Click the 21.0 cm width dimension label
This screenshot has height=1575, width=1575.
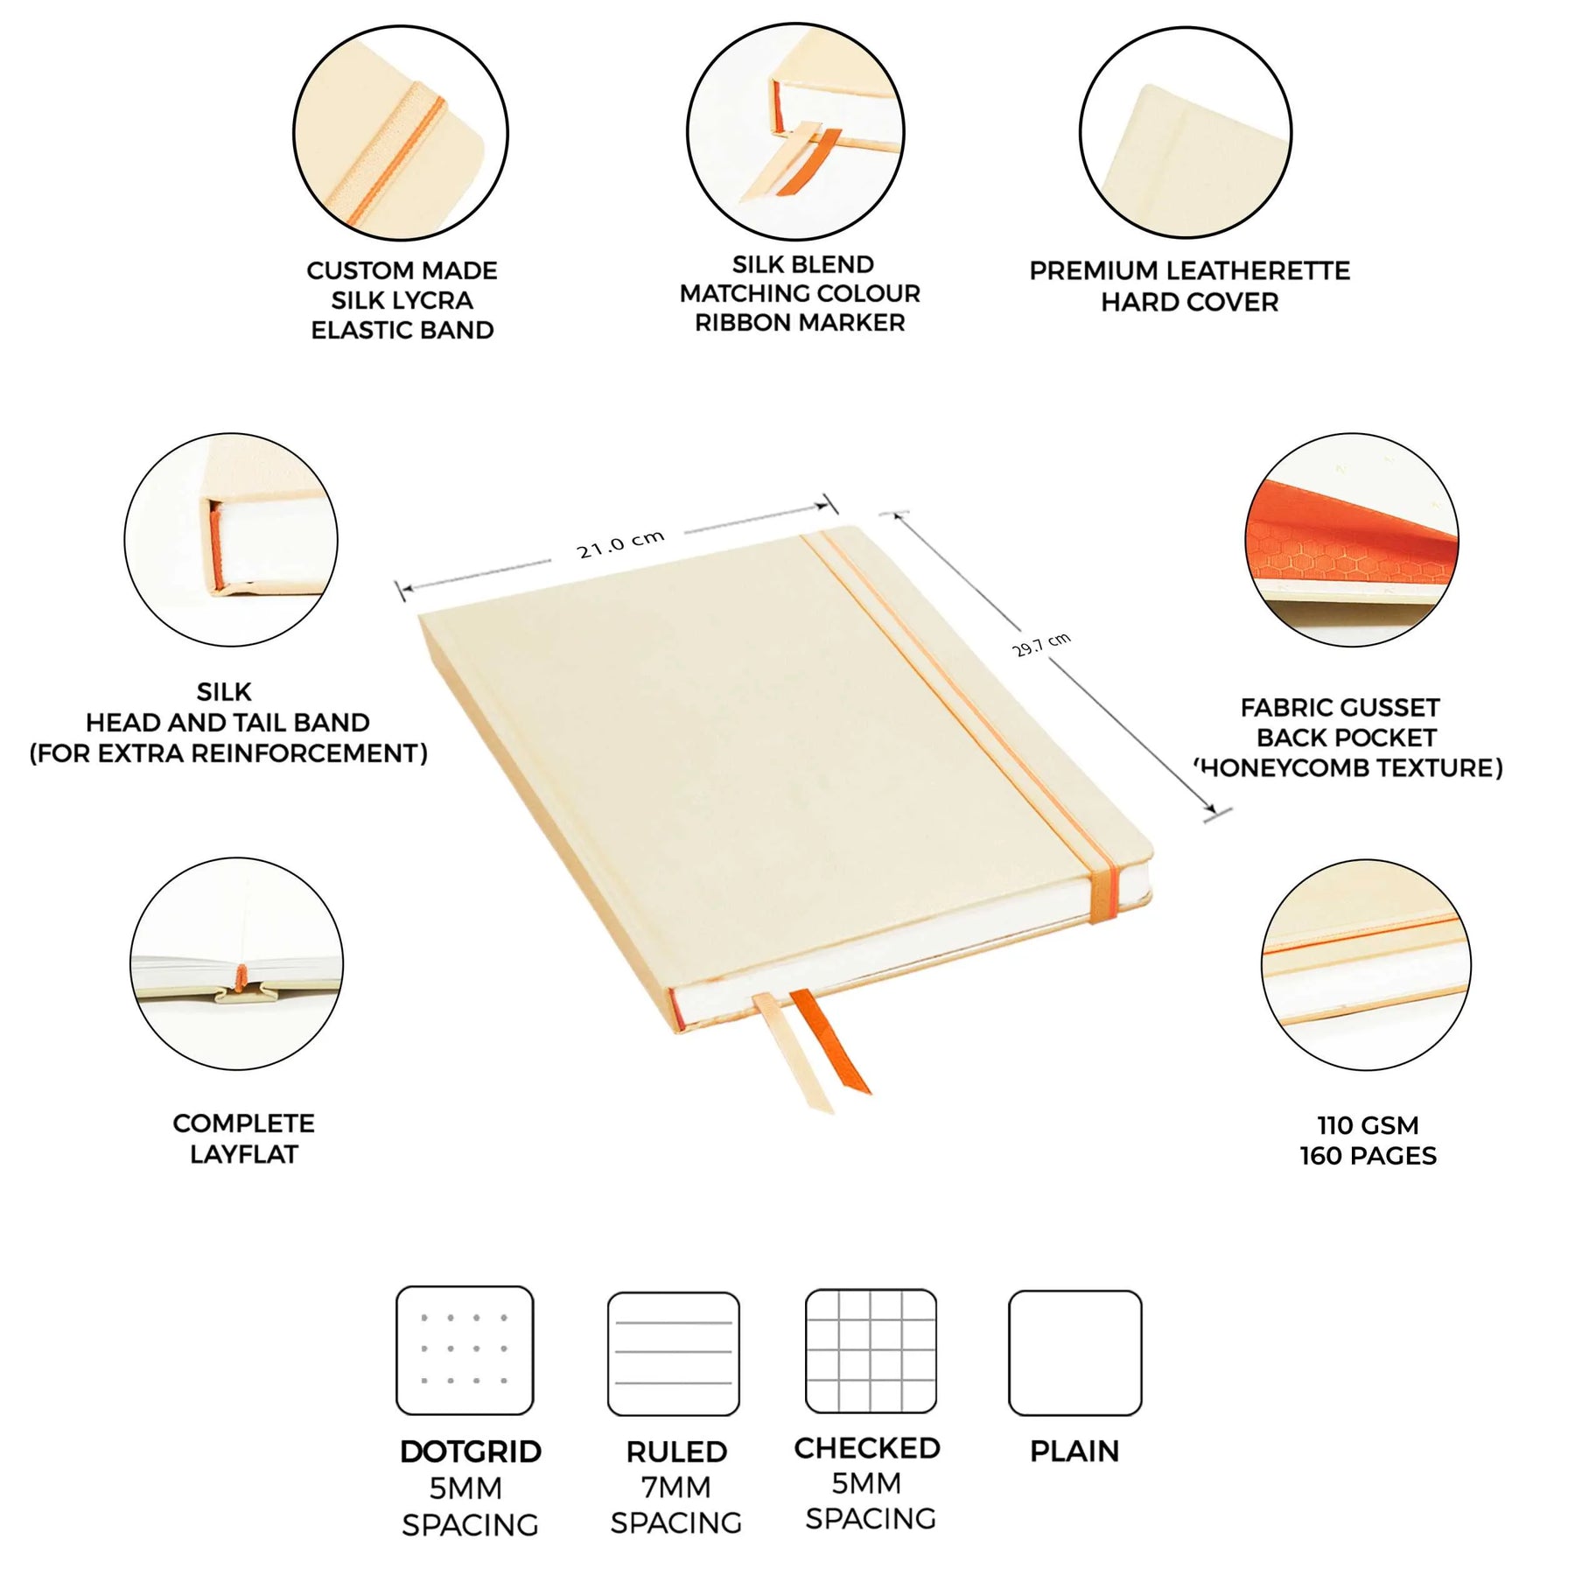click(620, 543)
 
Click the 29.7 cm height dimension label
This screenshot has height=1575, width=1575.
click(1041, 644)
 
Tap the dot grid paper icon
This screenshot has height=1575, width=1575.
click(465, 1350)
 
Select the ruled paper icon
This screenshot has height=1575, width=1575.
click(674, 1354)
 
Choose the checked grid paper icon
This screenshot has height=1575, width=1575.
click(871, 1351)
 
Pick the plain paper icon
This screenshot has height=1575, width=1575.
click(1074, 1353)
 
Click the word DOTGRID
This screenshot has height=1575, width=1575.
click(471, 1452)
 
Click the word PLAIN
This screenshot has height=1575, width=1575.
click(1074, 1452)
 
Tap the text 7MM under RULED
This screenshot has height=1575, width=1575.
click(675, 1487)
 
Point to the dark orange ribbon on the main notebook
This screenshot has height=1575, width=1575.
click(830, 1041)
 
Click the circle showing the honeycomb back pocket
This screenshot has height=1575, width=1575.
click(1352, 540)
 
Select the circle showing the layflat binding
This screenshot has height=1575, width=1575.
click(236, 963)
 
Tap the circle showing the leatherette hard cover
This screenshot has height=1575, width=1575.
click(1186, 132)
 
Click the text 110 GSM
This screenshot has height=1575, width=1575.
click(1368, 1125)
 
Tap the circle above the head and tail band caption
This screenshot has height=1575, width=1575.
click(231, 540)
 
